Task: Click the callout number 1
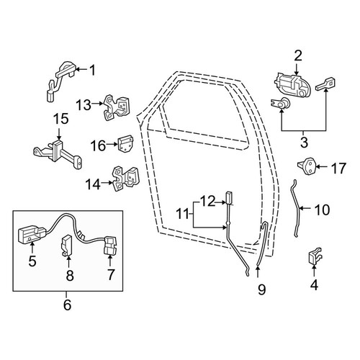93,70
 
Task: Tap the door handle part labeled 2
292,84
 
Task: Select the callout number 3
304,143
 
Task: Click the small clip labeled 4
314,256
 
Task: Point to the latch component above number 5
32,235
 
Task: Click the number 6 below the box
67,305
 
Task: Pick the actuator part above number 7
110,245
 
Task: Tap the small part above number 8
67,246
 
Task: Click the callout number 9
261,289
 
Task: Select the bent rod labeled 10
297,208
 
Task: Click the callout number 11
184,214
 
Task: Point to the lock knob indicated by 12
228,197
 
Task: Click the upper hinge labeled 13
116,107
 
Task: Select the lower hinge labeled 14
125,179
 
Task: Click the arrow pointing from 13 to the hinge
98,104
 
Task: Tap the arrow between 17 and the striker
322,166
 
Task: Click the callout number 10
322,210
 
